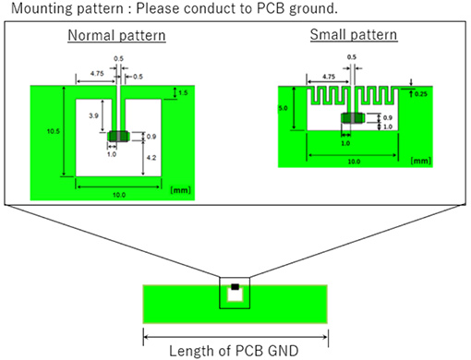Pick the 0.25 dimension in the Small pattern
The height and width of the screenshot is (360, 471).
tap(421, 93)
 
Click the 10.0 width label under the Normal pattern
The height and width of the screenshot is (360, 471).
tap(118, 194)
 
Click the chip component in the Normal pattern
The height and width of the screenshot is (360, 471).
tap(118, 137)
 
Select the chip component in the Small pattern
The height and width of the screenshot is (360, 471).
tap(352, 118)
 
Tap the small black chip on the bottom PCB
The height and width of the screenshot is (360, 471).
tap(235, 288)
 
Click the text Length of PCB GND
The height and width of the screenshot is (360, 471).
tap(235, 350)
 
